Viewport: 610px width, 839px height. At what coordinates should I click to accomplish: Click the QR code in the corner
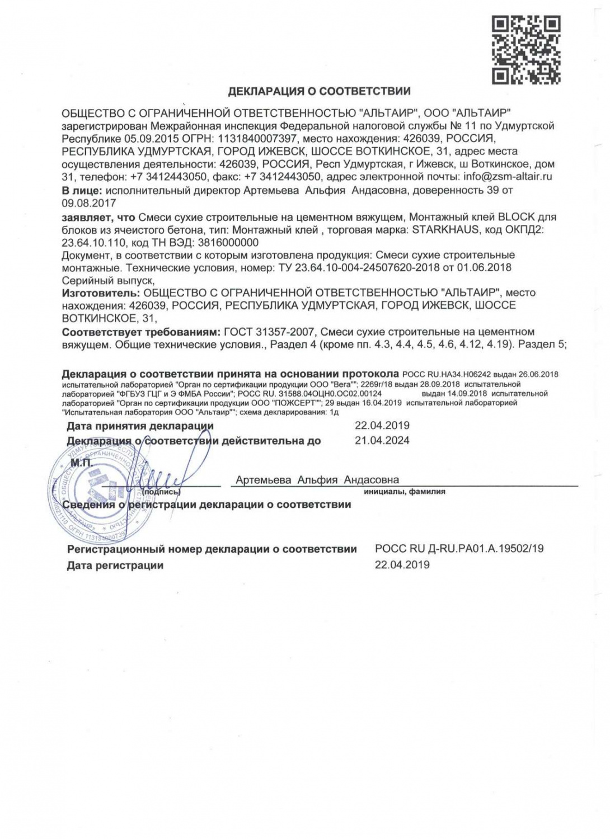(526, 50)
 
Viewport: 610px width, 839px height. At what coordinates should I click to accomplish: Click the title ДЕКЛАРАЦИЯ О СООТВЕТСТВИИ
(320, 91)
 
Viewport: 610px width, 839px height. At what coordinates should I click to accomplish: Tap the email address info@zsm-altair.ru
(508, 177)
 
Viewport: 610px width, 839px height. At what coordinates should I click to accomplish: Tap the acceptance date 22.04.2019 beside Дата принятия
(382, 426)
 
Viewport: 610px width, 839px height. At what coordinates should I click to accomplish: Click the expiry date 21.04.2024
(382, 441)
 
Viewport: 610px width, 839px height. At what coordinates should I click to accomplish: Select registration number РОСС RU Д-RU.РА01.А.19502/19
(459, 549)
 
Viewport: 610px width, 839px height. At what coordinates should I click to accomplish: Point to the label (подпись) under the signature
(162, 492)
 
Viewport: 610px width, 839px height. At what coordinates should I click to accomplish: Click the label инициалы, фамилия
(404, 492)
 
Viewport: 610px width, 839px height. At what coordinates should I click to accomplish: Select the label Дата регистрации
(115, 565)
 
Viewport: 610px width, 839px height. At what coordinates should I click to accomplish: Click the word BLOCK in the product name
(516, 217)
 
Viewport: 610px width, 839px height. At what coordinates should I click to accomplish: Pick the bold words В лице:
(81, 190)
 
